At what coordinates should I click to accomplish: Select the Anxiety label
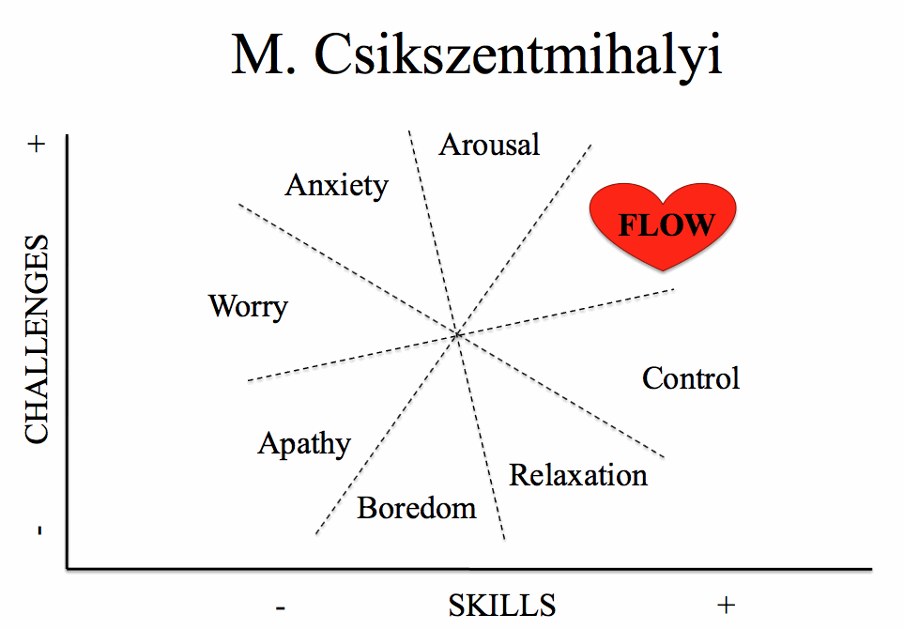(337, 186)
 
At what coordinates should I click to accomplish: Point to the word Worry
(249, 307)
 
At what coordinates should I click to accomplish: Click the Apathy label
(304, 444)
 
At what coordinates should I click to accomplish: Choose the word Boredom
(417, 508)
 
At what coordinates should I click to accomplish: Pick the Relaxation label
(578, 475)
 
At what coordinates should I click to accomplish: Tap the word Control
(691, 378)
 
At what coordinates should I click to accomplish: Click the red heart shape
(663, 224)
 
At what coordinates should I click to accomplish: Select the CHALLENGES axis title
(37, 339)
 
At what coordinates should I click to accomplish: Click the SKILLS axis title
(502, 606)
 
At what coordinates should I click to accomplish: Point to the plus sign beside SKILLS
(727, 606)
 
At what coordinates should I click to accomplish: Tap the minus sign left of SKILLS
(280, 607)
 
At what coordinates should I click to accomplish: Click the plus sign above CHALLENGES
(37, 144)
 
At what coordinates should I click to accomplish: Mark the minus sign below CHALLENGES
(39, 530)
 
